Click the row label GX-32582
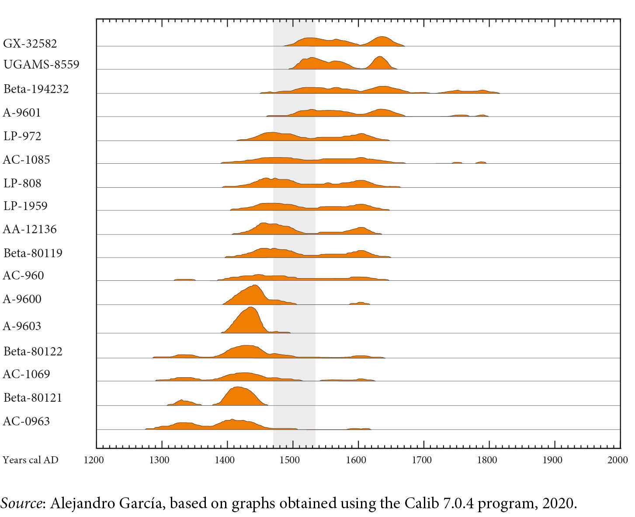click(x=30, y=44)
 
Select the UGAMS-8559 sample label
click(x=41, y=65)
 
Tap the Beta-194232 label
click(x=36, y=89)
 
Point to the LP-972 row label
click(x=22, y=136)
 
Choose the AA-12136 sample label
click(x=30, y=229)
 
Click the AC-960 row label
click(x=24, y=276)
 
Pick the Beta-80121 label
click(x=33, y=398)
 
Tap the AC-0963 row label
click(x=26, y=421)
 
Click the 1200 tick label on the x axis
click(x=94, y=460)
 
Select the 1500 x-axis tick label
click(x=290, y=460)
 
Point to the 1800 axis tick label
click(x=487, y=460)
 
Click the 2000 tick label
click(x=618, y=460)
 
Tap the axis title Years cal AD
click(x=31, y=460)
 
